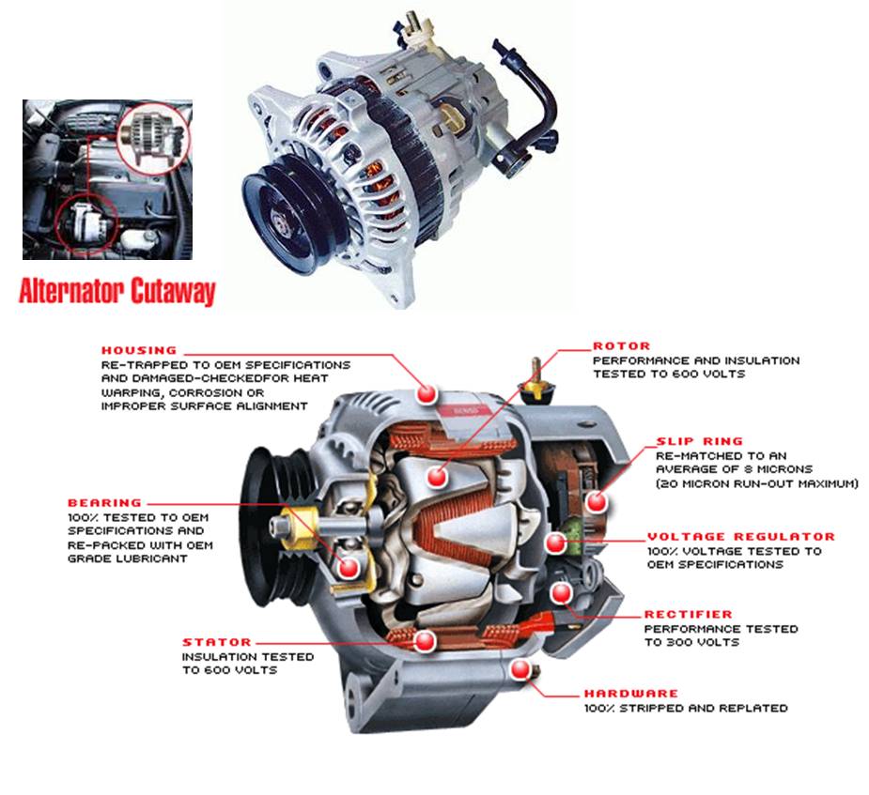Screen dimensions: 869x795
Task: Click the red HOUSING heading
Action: coord(139,350)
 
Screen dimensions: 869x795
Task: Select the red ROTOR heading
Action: coord(621,346)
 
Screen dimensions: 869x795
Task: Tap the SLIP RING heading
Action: coord(699,440)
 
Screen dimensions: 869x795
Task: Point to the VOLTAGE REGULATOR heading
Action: coord(740,537)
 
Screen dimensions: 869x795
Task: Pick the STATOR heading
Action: coord(217,642)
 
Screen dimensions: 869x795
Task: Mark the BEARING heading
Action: coord(104,503)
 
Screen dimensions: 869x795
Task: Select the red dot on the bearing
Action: coord(349,566)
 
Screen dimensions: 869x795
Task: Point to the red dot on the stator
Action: coord(425,641)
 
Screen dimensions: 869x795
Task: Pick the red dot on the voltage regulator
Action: coord(556,542)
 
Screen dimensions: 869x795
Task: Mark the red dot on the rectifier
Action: coord(561,593)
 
